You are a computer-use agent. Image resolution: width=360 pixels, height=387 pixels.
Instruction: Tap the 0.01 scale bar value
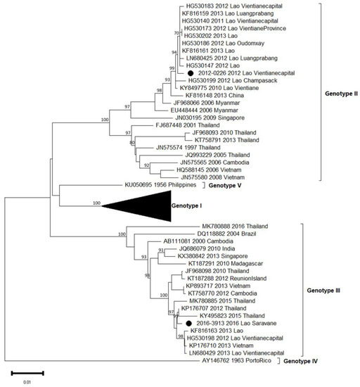coord(27,383)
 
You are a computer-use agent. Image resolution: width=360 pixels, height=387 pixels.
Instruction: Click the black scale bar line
coord(27,372)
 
